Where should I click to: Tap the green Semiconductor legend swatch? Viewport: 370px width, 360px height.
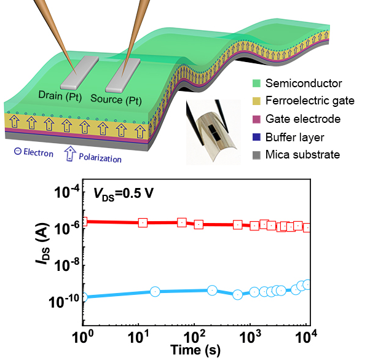pos(256,83)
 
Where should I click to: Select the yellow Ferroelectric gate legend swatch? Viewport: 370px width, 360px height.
pos(256,101)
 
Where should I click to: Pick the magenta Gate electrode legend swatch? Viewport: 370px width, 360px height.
pos(256,119)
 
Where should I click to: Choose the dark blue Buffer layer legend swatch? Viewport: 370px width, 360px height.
pos(256,136)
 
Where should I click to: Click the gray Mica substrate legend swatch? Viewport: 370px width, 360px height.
pos(256,154)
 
